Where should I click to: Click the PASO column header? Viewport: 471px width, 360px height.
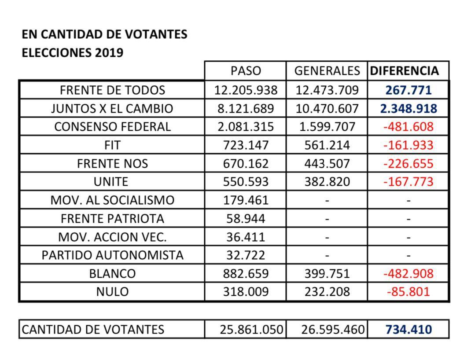pos(246,71)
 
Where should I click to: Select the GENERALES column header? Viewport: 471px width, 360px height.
pos(327,71)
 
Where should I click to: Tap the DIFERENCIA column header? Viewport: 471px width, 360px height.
pos(405,71)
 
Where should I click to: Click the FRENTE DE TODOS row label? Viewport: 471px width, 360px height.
pos(112,90)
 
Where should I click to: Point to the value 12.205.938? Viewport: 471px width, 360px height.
pos(246,90)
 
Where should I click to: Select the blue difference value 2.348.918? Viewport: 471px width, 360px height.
pos(408,109)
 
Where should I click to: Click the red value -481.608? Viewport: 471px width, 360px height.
pos(408,127)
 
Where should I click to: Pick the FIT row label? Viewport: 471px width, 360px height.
pos(112,145)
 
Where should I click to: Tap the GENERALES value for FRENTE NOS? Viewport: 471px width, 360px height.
pos(327,164)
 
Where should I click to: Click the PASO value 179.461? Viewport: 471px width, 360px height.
pos(246,200)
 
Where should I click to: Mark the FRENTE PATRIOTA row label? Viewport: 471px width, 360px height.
pos(112,219)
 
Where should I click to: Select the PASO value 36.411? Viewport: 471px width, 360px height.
pos(246,237)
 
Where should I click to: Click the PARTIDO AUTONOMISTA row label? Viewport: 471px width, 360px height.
pos(112,255)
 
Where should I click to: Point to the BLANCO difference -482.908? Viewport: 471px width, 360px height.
pos(408,274)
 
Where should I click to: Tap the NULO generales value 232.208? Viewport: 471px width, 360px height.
pos(327,292)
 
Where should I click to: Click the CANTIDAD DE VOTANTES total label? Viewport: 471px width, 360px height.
pos(93,330)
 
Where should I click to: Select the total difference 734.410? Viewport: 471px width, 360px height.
pos(408,330)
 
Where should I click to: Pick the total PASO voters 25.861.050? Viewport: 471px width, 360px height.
pos(251,330)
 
